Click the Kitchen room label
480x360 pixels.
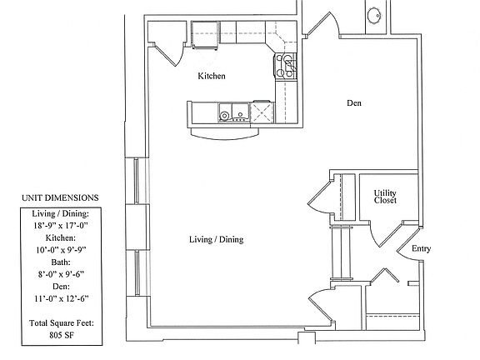click(212, 76)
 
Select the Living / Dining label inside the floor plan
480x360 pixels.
click(215, 240)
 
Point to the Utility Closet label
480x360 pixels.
click(384, 197)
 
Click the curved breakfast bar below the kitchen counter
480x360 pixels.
click(221, 131)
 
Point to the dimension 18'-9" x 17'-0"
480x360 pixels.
click(59, 225)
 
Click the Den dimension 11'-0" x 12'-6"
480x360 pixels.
click(59, 296)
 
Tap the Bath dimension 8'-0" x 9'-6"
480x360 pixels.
click(59, 272)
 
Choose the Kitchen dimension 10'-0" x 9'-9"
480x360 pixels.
click(59, 248)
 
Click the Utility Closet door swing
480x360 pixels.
click(379, 234)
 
